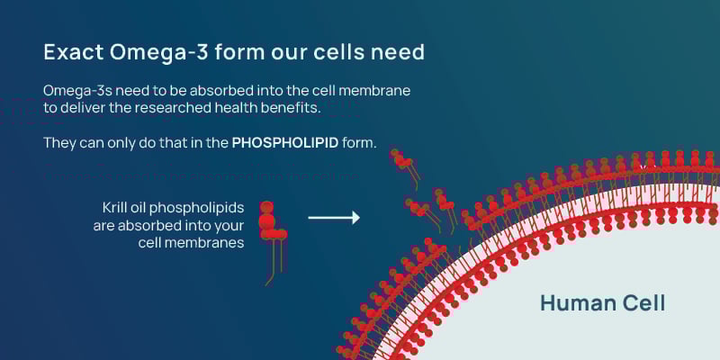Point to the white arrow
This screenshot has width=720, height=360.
pos(334,217)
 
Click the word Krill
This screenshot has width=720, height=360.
pos(118,208)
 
